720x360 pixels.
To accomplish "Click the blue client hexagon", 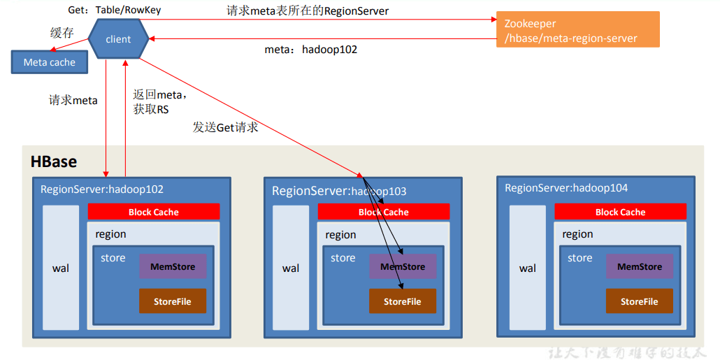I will [x=118, y=39].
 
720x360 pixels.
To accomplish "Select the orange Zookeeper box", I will [x=577, y=31].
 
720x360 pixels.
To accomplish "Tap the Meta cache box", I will [x=49, y=62].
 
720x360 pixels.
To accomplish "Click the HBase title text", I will [x=54, y=161].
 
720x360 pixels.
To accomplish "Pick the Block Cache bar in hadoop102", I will [x=153, y=212].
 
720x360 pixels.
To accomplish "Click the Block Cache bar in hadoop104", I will [x=620, y=212].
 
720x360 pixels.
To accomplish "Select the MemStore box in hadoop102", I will [x=172, y=266].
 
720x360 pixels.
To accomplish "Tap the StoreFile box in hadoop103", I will [x=402, y=301].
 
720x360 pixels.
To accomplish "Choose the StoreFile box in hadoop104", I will [x=639, y=301].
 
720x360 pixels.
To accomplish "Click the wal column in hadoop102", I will [x=61, y=268].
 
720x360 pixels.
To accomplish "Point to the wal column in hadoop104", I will [x=528, y=268].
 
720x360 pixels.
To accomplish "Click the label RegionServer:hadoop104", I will [x=566, y=188].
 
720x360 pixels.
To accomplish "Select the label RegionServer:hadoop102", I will [x=102, y=189].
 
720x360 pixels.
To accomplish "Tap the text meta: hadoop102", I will [x=310, y=50].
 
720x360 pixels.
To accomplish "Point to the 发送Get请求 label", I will [x=225, y=127].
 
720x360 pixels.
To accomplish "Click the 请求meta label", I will [x=73, y=100].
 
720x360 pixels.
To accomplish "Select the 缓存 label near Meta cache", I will [x=62, y=33].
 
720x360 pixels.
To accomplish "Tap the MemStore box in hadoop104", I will [x=639, y=266].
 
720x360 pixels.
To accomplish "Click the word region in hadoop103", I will [x=340, y=235].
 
